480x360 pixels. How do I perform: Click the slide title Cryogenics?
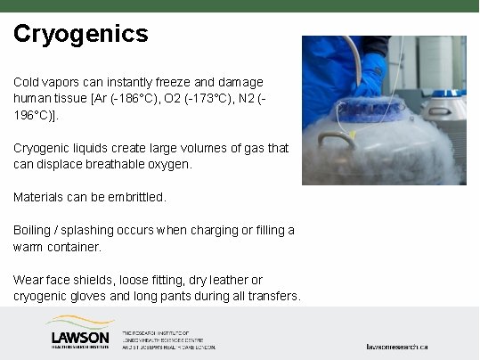[x=80, y=35]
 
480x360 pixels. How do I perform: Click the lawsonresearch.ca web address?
[x=397, y=345]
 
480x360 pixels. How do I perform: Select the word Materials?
[x=39, y=196]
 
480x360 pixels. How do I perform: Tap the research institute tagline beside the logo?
[x=168, y=338]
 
